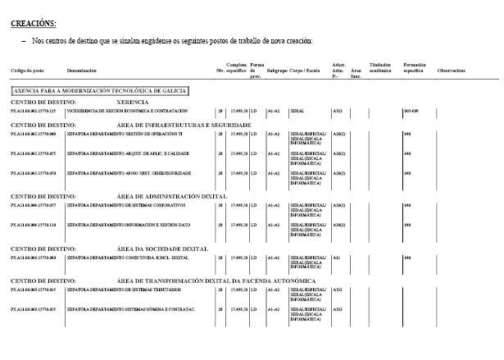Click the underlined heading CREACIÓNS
click(33, 24)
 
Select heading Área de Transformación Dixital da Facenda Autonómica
click(216, 281)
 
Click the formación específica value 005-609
click(411, 110)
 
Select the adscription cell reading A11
click(336, 257)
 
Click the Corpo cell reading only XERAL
click(297, 110)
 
